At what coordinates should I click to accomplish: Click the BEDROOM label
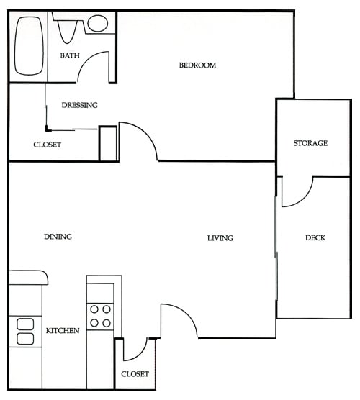197,65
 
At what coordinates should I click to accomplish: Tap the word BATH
69,55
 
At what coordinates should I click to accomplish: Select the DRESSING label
79,105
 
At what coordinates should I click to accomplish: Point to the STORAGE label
310,143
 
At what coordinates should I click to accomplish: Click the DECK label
315,237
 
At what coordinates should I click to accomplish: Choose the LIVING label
220,238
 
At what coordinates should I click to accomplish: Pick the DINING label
58,236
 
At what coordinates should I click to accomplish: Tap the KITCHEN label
63,331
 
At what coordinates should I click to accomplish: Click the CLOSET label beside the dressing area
47,145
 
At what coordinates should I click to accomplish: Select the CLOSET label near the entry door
135,374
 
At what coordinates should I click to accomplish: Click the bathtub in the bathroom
30,45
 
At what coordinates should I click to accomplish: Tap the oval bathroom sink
97,23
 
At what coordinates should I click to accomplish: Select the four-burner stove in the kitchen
100,316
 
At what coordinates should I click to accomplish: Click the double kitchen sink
25,332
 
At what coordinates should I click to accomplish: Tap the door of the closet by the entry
135,350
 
